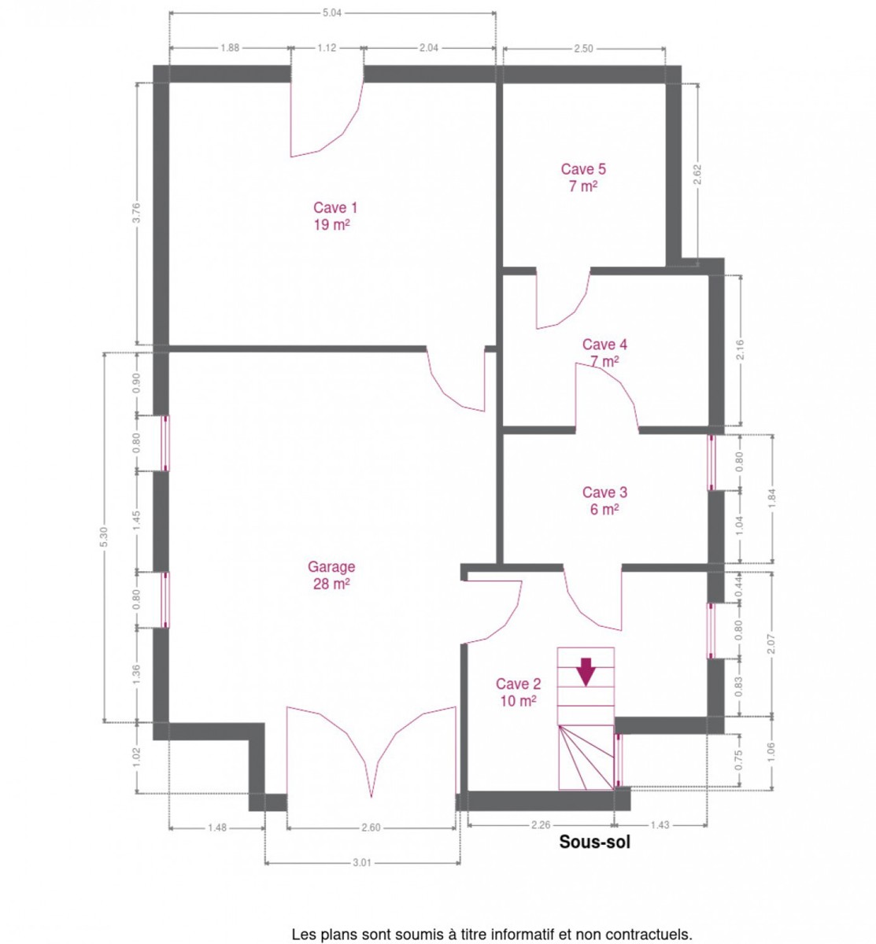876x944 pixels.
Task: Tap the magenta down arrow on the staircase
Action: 586,672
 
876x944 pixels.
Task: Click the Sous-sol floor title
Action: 594,842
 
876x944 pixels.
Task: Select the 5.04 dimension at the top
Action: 332,13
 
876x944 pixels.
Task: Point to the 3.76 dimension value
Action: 136,213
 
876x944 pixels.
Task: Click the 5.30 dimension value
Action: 104,537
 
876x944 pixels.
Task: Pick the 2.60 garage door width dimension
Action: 371,828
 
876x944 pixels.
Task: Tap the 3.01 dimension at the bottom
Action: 362,863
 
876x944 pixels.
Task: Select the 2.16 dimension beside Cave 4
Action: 740,350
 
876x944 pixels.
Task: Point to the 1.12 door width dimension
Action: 327,48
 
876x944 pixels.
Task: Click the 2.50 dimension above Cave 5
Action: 583,49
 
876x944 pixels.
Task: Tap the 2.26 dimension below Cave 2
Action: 541,824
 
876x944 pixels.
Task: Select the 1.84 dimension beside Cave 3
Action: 771,499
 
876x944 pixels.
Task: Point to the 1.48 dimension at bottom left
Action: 217,828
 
